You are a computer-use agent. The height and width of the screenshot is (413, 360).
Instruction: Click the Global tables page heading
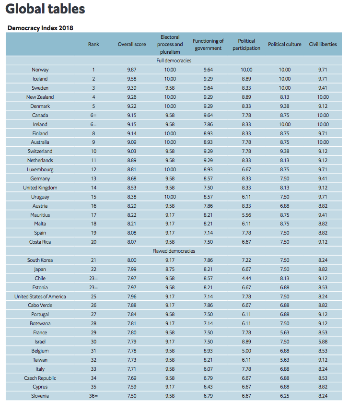click(45, 9)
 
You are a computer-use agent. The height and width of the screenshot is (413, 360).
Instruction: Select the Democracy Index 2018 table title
click(40, 28)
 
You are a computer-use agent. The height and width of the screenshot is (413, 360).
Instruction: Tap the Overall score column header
click(132, 44)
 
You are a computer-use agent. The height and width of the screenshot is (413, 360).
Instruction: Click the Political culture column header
click(285, 44)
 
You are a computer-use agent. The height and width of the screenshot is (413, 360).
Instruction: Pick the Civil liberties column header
click(323, 44)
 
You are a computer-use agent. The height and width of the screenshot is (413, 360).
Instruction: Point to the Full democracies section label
click(174, 61)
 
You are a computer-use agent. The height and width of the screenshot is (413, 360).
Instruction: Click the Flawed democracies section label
click(174, 251)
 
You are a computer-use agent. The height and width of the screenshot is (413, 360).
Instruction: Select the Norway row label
click(40, 70)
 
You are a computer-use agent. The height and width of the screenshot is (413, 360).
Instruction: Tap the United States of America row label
click(40, 296)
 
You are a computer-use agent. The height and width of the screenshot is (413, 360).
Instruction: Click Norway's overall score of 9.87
click(132, 70)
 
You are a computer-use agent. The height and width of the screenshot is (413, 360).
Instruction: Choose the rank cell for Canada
click(93, 115)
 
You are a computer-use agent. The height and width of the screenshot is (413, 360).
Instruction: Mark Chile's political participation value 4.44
click(246, 278)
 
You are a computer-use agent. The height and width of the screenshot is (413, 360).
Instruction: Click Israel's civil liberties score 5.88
click(323, 342)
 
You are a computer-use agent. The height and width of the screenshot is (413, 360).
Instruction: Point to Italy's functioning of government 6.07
click(208, 369)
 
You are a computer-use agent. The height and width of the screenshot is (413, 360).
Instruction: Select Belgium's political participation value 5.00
click(246, 351)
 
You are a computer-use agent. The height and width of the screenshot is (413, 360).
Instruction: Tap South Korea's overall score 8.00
click(132, 260)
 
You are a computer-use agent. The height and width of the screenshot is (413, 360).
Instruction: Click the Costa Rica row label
click(40, 242)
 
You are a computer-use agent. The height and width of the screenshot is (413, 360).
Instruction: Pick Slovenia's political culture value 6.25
click(285, 396)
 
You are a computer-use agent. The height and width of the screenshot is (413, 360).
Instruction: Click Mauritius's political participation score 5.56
click(246, 215)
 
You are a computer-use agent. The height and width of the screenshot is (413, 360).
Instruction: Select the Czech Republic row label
click(40, 378)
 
